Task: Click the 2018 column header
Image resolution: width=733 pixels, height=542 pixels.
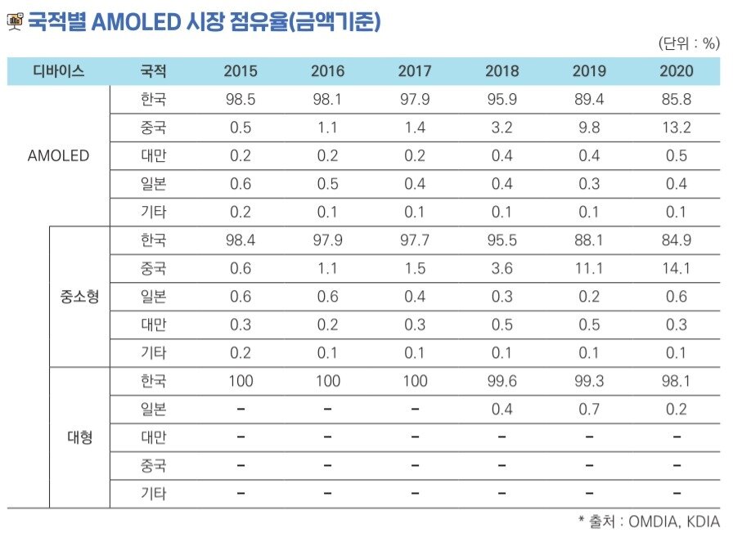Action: coord(501,71)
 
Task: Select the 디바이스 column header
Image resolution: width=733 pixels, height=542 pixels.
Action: coord(58,71)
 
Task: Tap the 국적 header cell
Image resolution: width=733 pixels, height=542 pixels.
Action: coord(153,71)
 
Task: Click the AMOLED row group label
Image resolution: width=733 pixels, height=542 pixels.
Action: coord(58,155)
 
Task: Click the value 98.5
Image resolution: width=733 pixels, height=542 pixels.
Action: coord(241,100)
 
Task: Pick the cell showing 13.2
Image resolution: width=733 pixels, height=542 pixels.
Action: coord(676,128)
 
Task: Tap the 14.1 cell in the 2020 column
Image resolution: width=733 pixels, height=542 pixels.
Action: coord(676,269)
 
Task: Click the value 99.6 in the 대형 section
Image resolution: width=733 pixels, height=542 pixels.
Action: coord(501,381)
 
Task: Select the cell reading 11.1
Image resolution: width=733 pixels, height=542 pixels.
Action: coord(589,269)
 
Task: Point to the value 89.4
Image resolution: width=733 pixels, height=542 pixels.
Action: coord(589,100)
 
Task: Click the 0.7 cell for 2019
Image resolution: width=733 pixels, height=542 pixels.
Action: coord(589,409)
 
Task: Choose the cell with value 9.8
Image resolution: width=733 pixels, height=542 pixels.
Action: coord(589,128)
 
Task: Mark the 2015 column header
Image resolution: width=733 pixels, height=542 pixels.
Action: coord(241,71)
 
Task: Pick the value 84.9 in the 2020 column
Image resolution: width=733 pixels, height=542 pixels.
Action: coord(676,240)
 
